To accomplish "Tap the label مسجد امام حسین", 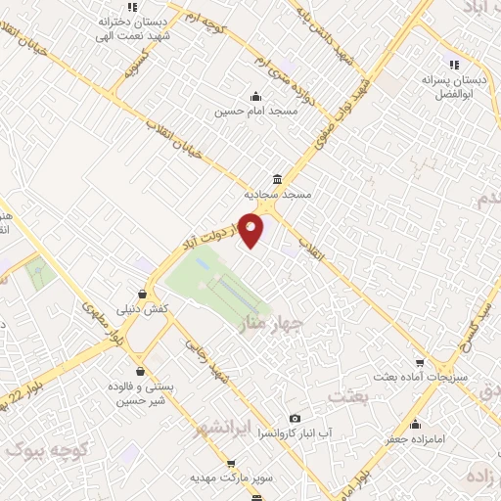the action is (x=254, y=112).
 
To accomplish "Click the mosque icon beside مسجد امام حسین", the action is (x=255, y=96).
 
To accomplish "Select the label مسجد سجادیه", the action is (x=279, y=195).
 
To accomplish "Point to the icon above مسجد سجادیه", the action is (x=279, y=179).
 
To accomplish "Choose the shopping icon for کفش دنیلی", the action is (x=144, y=293).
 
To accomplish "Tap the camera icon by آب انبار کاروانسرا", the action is (x=295, y=418).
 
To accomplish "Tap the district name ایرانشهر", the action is (x=225, y=428).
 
